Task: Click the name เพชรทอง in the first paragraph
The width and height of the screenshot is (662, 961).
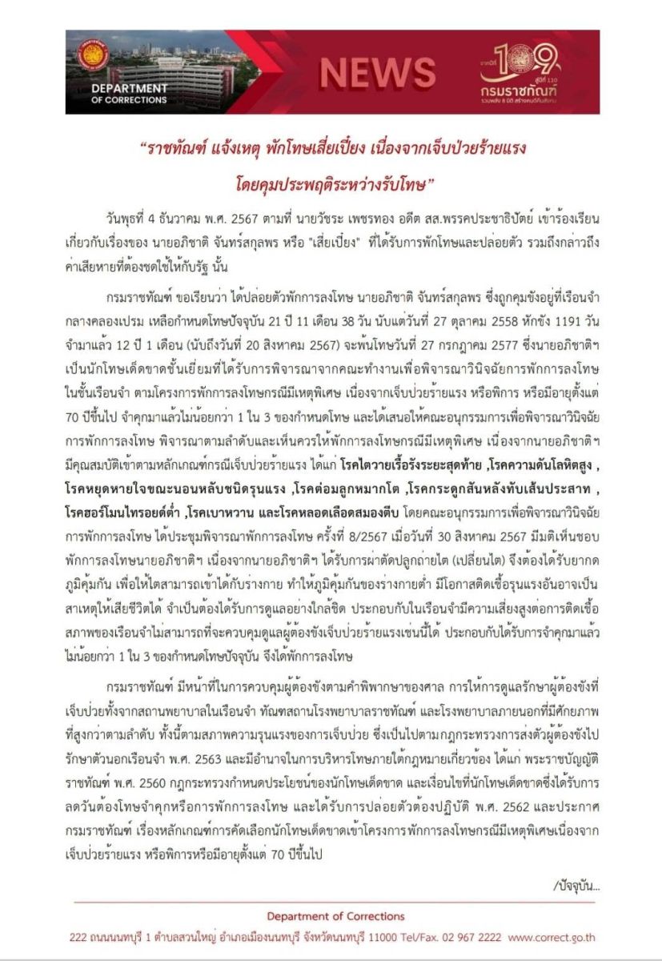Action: (358, 196)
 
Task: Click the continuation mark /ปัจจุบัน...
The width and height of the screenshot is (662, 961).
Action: (576, 886)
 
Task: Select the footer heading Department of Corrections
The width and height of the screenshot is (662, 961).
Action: (335, 916)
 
